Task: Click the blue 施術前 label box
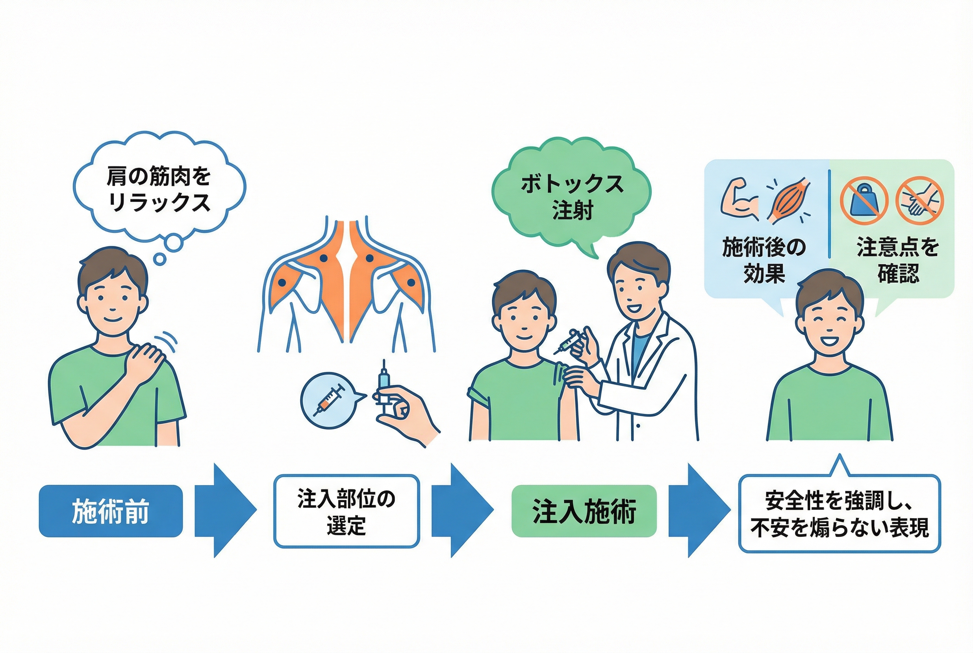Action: pyautogui.click(x=110, y=511)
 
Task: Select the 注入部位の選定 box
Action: pyautogui.click(x=346, y=511)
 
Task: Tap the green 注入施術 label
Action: pyautogui.click(x=584, y=511)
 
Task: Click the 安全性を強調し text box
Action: pyautogui.click(x=839, y=514)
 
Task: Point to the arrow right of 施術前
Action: pyautogui.click(x=225, y=510)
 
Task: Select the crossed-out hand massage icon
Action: pyautogui.click(x=919, y=200)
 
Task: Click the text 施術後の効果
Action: pyautogui.click(x=764, y=261)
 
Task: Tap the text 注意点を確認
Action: pyautogui.click(x=898, y=261)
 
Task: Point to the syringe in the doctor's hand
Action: pyautogui.click(x=569, y=342)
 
